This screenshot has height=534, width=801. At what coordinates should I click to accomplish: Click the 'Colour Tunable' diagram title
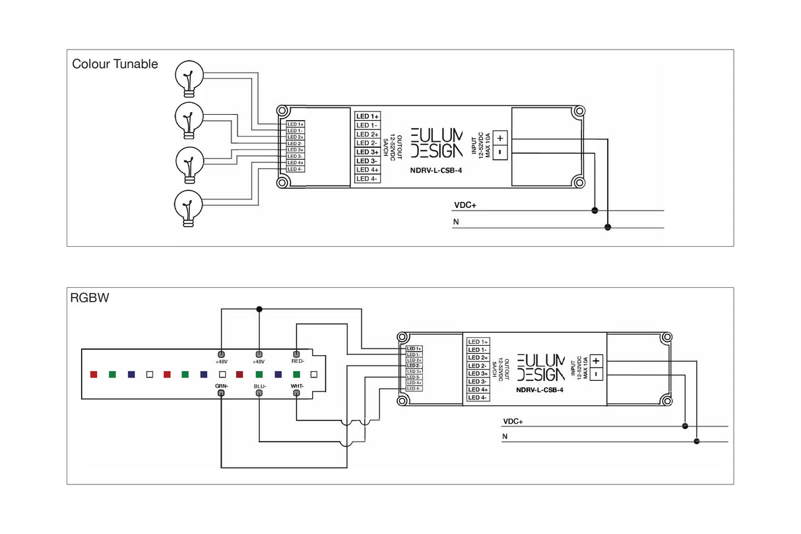point(115,64)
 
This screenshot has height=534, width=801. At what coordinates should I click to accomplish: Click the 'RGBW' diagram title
point(89,298)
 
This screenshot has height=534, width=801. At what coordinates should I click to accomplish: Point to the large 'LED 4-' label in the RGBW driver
point(478,397)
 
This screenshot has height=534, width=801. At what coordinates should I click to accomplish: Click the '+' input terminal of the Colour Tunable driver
point(500,138)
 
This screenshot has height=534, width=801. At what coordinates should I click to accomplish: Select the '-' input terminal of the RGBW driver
point(596,374)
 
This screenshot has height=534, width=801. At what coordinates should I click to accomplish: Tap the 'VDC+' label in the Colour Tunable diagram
point(465,205)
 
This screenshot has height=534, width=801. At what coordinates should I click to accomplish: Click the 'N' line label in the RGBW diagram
point(505,437)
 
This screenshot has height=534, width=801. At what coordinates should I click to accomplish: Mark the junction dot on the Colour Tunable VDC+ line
point(594,211)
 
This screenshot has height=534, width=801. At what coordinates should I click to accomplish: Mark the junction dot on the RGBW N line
point(697,442)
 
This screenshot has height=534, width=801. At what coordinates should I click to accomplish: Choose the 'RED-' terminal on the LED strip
point(297,354)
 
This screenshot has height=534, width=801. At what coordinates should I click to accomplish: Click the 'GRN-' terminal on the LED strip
point(221,393)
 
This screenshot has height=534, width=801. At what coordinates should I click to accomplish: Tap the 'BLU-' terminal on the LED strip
point(259,393)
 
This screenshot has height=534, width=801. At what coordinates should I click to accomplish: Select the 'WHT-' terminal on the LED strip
point(297,393)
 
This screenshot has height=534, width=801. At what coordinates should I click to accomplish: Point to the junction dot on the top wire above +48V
point(259,308)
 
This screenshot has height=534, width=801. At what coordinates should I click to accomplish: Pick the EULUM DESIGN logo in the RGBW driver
point(541,367)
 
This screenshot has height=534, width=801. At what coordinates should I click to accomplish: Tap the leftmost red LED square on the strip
point(94,374)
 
